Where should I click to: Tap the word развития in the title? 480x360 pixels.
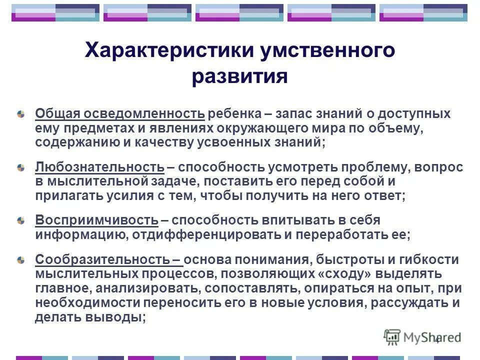[239, 77]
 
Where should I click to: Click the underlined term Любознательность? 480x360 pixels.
[99, 167]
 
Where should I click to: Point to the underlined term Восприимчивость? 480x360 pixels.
[96, 220]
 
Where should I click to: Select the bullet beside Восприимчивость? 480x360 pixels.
[20, 220]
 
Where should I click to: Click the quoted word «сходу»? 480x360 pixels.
[354, 274]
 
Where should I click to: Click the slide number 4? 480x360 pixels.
[437, 340]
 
